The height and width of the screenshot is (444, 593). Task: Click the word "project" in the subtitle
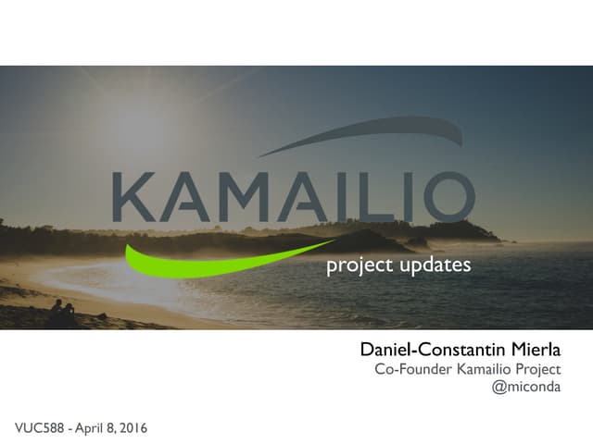coord(355,266)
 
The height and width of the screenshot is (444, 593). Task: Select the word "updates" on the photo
coord(435,265)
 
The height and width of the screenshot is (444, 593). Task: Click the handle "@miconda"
coord(526,388)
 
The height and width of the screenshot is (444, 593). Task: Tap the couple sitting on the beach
coord(62,313)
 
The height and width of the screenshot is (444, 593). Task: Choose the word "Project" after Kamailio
coord(537,370)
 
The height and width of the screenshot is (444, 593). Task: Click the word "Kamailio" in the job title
coord(480,370)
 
